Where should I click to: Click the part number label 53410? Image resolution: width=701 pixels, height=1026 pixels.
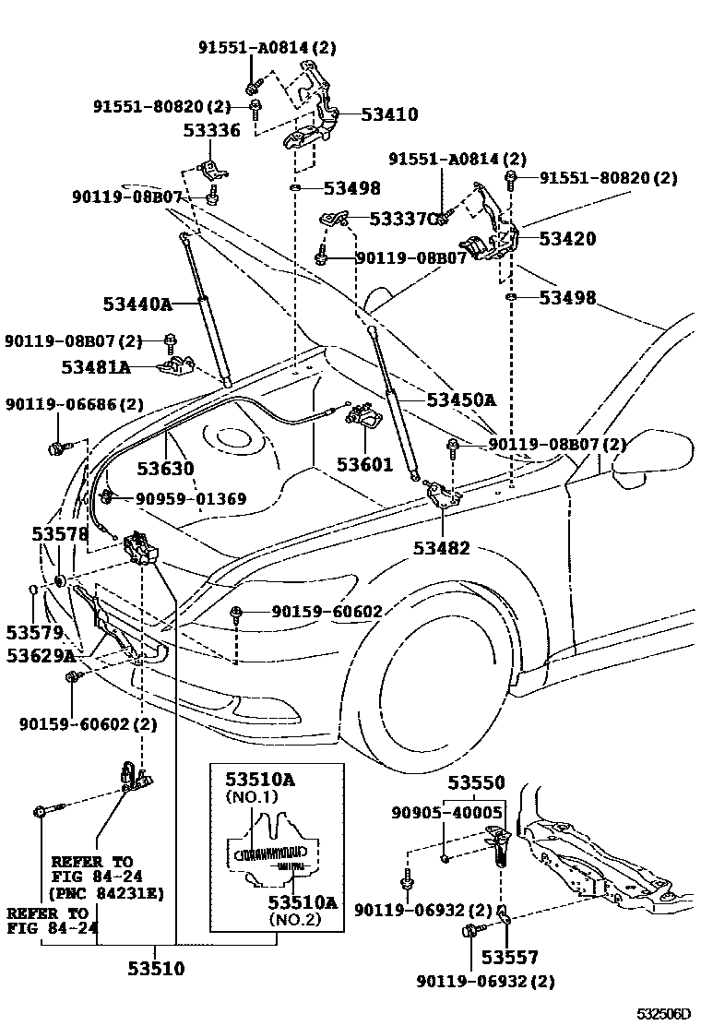389,115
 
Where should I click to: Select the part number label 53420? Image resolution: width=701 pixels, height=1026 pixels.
567,239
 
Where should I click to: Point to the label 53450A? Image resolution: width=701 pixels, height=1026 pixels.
461,400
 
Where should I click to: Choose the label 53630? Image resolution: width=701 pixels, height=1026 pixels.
166,469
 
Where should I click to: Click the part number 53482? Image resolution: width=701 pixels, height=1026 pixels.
443,548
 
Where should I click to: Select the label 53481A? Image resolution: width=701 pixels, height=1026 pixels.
96,367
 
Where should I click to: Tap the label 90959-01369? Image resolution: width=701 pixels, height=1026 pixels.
191,499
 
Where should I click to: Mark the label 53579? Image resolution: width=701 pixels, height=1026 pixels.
34,632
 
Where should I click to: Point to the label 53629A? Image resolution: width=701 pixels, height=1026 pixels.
41,655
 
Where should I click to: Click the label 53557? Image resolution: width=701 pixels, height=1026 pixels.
509,959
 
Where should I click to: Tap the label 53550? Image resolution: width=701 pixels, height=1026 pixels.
477,783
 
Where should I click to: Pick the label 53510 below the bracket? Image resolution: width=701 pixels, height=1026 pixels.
156,969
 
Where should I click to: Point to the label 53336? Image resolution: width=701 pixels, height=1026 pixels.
210,130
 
